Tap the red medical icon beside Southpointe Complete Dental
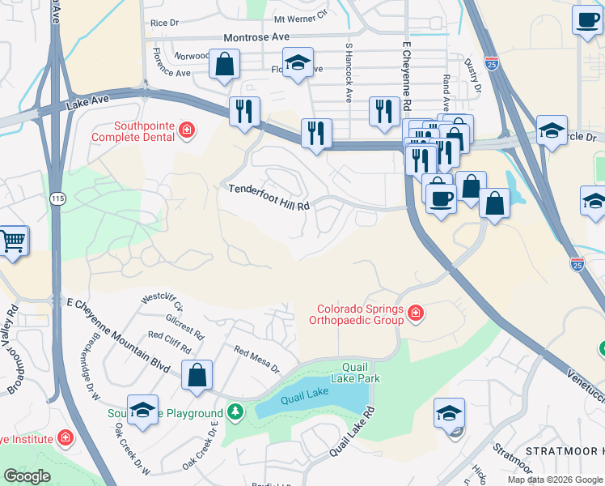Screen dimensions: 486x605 (187, 130)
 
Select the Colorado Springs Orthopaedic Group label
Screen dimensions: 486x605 (359, 314)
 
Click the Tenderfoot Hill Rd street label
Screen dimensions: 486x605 (269, 198)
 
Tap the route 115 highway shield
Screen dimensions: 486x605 (57, 198)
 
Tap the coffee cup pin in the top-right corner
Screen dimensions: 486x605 (586, 19)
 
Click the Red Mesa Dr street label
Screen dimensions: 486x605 (256, 360)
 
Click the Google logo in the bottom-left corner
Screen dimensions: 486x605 (27, 476)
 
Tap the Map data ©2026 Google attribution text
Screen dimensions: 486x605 (555, 480)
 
